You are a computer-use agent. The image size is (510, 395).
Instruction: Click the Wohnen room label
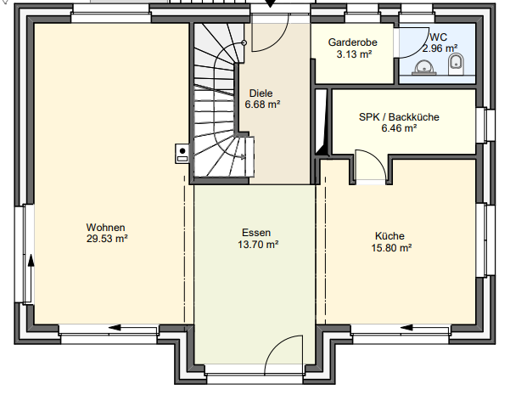(x=106, y=227)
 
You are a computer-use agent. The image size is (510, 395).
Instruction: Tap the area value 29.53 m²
(x=106, y=239)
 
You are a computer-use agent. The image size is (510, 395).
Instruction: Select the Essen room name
(x=255, y=232)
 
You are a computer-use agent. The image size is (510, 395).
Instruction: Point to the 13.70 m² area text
(x=255, y=244)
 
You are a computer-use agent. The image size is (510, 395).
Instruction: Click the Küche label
(x=390, y=236)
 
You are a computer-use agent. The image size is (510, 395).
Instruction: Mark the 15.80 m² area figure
(x=390, y=248)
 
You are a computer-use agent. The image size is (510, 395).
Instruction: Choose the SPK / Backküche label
(x=399, y=117)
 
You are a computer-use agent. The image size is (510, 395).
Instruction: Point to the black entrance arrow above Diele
(x=271, y=5)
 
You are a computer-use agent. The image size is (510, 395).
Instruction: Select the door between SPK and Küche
(x=370, y=165)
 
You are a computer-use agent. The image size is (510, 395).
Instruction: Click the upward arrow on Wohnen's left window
(x=31, y=265)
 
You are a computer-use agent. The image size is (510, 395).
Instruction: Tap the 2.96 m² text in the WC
(x=440, y=49)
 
